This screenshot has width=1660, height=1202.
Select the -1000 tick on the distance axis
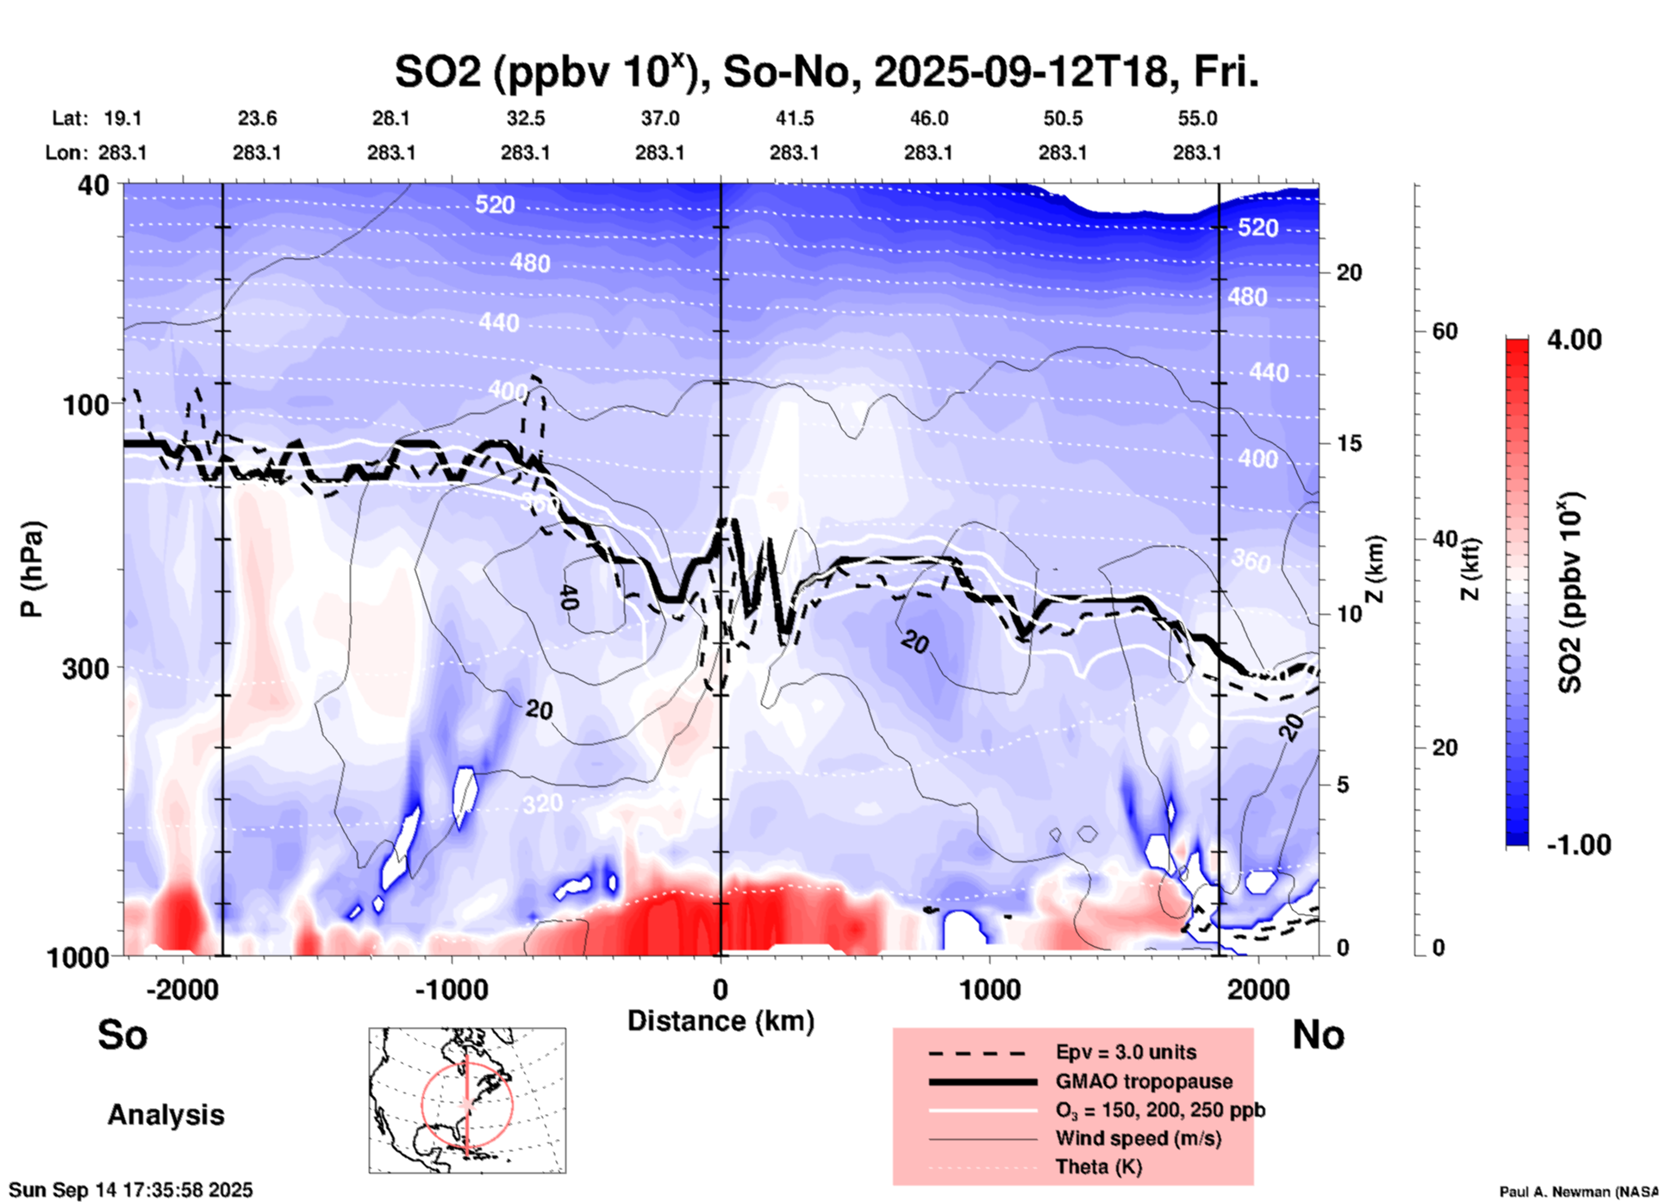pos(451,990)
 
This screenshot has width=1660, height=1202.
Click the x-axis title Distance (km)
pos(721,1021)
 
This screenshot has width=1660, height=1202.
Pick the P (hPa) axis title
pos(32,569)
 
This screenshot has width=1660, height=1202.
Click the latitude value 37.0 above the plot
pos(660,118)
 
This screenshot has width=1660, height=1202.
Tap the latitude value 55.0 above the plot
pos(1197,118)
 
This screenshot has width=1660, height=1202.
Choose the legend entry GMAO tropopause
pos(1144,1081)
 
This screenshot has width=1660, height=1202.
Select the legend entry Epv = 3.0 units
pos(1126,1053)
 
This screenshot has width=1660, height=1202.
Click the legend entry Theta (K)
pos(1099,1168)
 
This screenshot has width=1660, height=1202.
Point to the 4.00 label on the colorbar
pos(1574,339)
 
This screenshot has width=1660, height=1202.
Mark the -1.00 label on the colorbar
pos(1578,844)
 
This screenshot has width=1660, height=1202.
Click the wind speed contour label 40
pos(567,597)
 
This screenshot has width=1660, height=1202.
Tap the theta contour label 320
pos(542,804)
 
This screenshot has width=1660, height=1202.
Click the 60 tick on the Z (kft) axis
pos(1445,331)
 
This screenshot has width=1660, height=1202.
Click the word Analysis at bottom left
pos(165,1115)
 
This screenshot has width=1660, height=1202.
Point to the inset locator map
pos(467,1099)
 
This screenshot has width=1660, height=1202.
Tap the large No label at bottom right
pos(1318,1035)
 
